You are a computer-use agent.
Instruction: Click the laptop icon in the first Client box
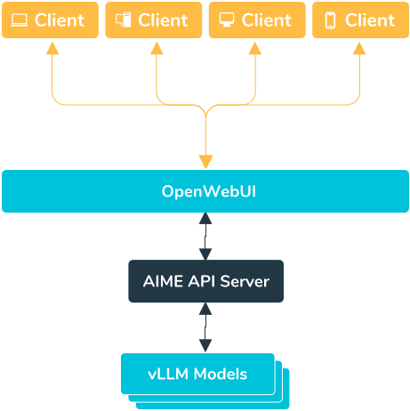point(20,20)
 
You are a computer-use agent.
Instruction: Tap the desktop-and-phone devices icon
point(123,20)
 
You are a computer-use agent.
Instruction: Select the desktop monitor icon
point(227,20)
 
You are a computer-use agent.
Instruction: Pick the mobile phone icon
point(330,20)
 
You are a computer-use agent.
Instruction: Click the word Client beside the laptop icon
point(60,20)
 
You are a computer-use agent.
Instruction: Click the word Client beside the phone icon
point(370,20)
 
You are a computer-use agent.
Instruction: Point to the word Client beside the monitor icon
point(267,20)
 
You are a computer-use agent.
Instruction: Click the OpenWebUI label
point(209,191)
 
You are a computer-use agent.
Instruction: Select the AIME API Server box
point(205,281)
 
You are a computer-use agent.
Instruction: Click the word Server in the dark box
point(245,281)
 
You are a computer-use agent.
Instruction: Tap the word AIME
point(163,281)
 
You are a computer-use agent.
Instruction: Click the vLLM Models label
point(197,374)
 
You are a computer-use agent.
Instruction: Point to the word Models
point(221,374)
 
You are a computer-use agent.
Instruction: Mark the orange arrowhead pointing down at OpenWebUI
point(205,162)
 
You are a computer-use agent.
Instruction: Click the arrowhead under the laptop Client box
point(52,48)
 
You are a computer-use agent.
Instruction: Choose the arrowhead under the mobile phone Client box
point(359,48)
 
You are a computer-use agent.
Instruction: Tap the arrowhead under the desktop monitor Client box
point(255,48)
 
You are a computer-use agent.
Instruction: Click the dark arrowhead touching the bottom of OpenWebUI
point(205,219)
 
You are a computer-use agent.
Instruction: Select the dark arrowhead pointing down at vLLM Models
point(205,346)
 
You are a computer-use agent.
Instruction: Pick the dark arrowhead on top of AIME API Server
point(205,254)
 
